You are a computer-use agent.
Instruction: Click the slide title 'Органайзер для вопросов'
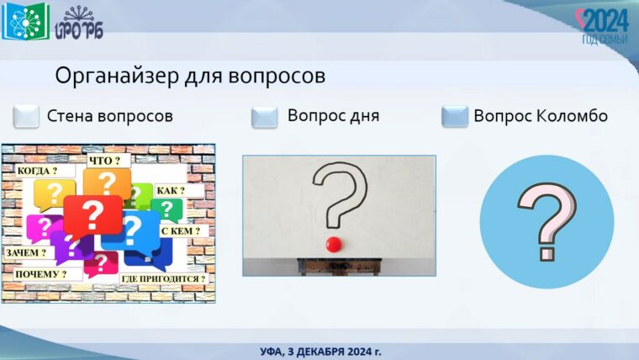190,76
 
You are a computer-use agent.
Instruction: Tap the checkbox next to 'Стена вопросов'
27,116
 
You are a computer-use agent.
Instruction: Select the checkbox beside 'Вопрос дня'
265,117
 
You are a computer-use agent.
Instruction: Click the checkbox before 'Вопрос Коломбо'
455,116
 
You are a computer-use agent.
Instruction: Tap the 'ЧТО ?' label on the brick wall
104,160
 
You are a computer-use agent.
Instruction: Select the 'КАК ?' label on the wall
171,190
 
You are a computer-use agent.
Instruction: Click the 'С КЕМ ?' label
180,230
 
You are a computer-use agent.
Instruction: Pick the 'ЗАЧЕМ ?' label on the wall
26,251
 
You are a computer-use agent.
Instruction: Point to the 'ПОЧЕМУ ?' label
40,273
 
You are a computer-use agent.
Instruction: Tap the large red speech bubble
92,215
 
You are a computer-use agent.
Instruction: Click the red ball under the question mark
334,244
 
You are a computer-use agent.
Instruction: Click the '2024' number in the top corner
605,20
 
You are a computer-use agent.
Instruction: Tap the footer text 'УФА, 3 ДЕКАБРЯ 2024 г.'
320,350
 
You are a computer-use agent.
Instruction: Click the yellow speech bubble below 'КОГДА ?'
54,195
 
